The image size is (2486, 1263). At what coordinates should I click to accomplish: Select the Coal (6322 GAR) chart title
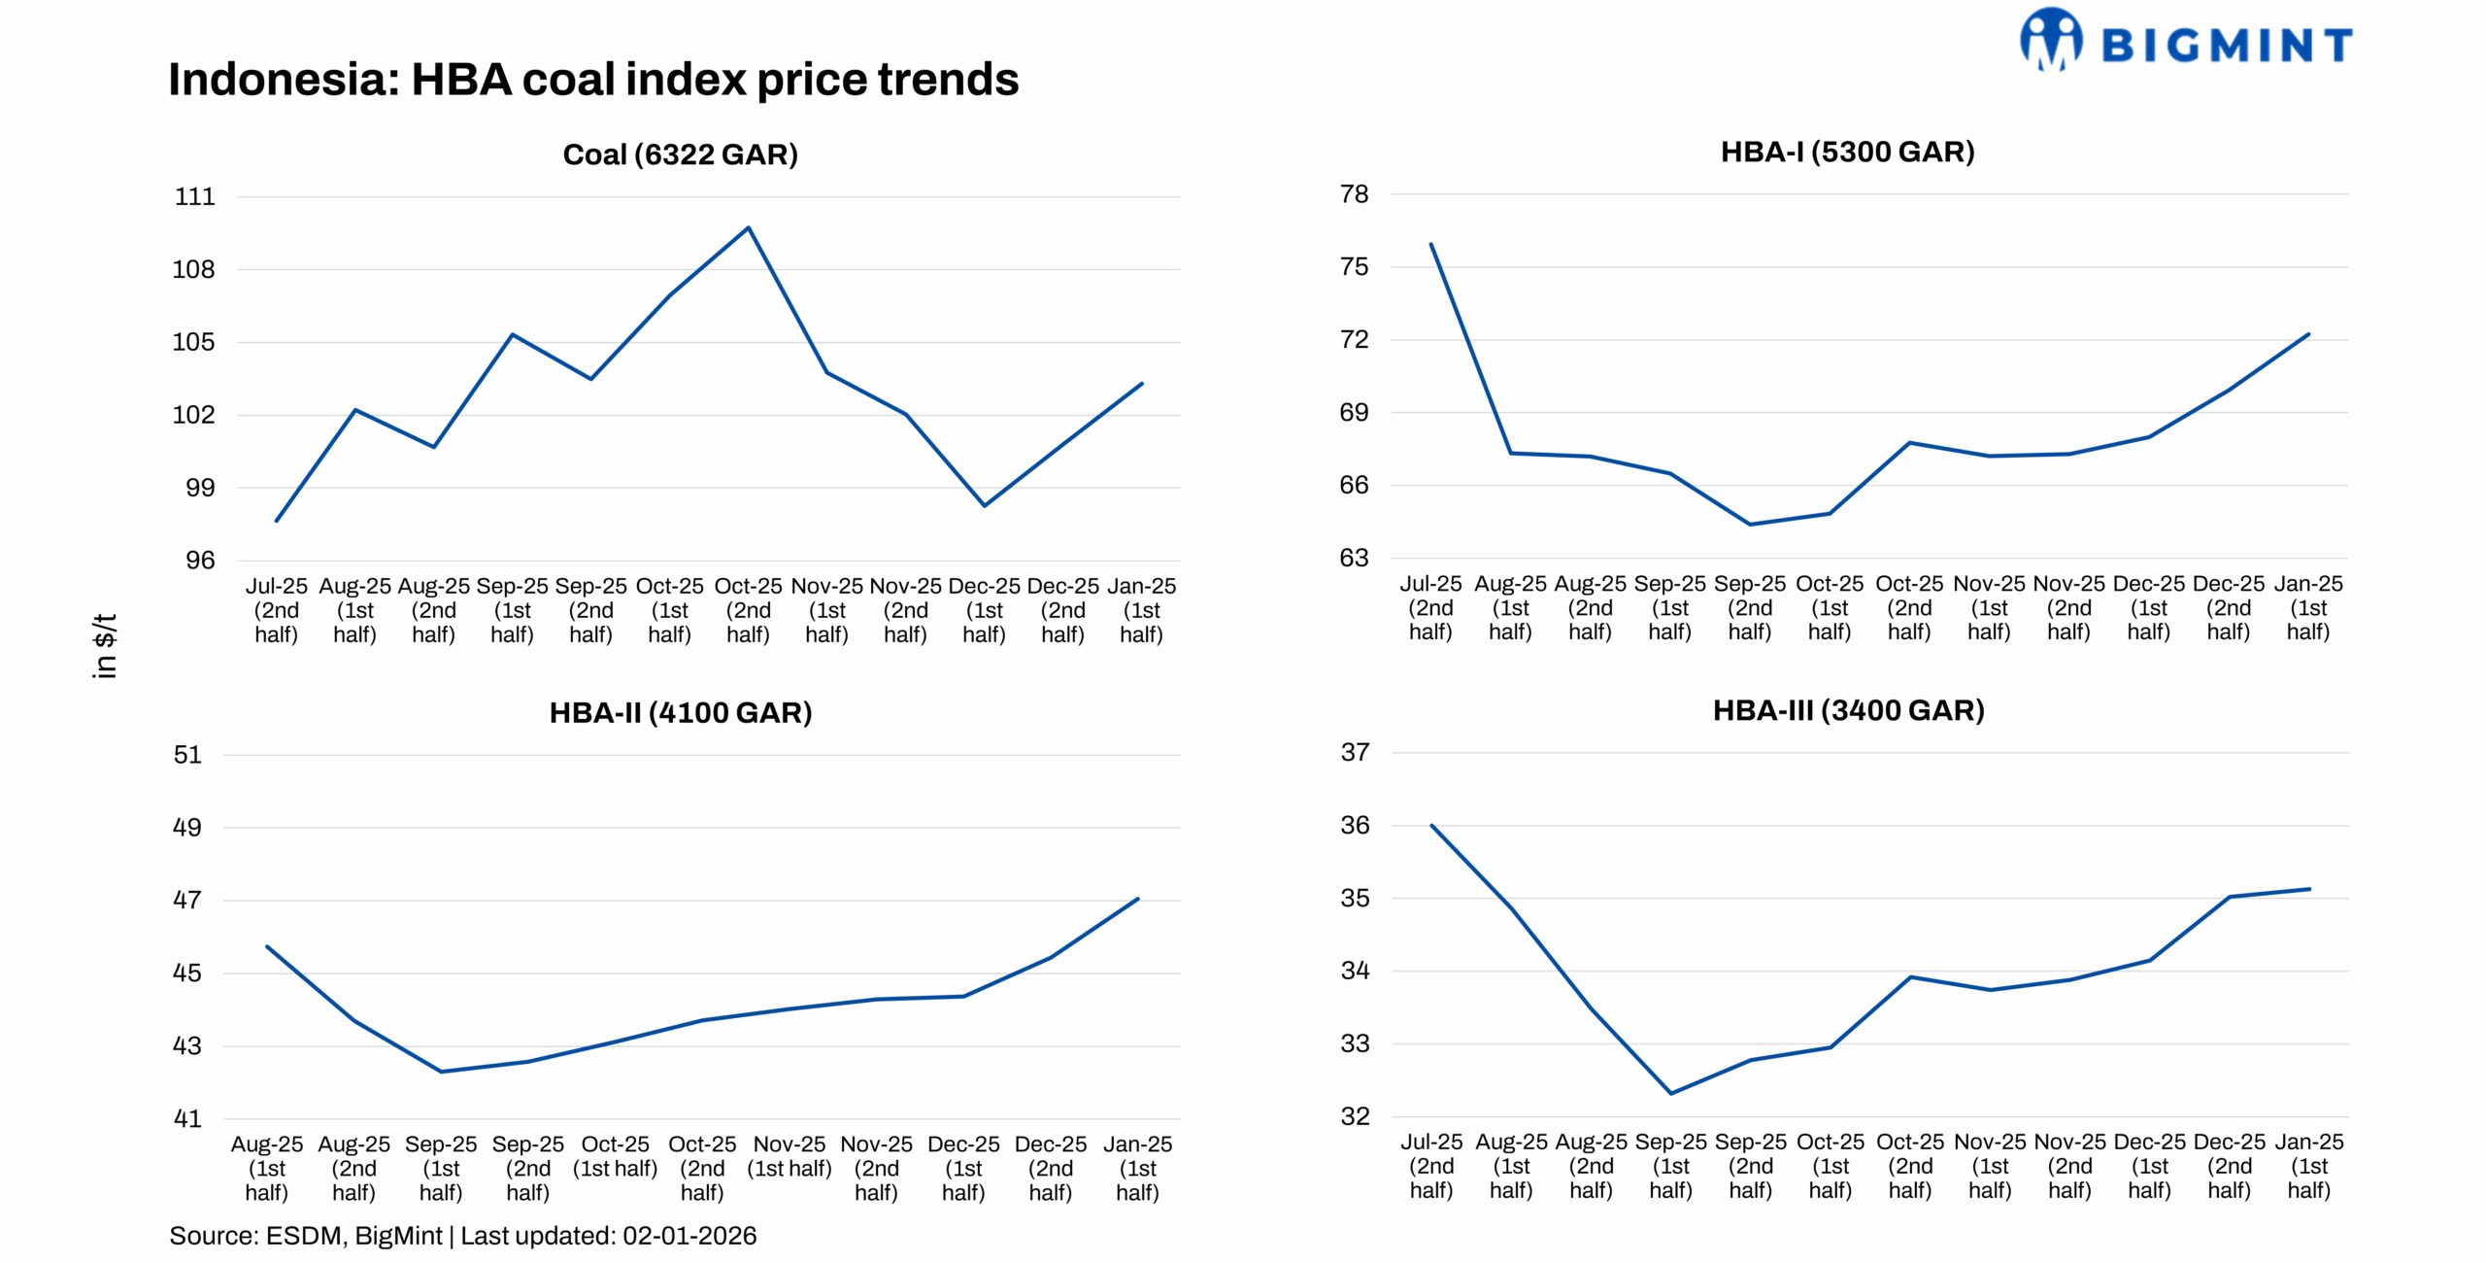680,154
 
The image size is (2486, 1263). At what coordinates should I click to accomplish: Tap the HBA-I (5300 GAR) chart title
1847,153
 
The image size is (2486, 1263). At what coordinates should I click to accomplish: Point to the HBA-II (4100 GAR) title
680,713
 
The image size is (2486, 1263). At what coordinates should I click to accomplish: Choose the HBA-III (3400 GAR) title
1848,710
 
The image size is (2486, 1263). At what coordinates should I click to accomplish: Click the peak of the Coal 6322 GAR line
748,228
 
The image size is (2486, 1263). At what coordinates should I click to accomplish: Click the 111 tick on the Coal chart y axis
194,197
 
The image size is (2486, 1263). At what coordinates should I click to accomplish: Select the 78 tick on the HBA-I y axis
1354,194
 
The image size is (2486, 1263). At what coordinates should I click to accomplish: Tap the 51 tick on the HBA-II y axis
187,755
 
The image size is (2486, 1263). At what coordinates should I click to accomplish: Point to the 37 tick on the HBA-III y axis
1355,752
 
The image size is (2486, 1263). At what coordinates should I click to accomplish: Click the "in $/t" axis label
105,645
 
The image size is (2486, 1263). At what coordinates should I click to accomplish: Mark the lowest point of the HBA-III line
1671,1093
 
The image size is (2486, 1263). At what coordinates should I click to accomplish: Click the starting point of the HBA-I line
1431,245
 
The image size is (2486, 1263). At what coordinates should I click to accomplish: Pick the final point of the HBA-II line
1137,899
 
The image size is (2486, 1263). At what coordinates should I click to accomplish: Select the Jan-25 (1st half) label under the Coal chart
1141,610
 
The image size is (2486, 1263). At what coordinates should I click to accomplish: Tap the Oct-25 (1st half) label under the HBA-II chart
615,1156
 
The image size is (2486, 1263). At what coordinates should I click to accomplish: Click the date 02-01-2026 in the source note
689,1236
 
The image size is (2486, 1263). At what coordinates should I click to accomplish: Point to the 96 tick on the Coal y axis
200,561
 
